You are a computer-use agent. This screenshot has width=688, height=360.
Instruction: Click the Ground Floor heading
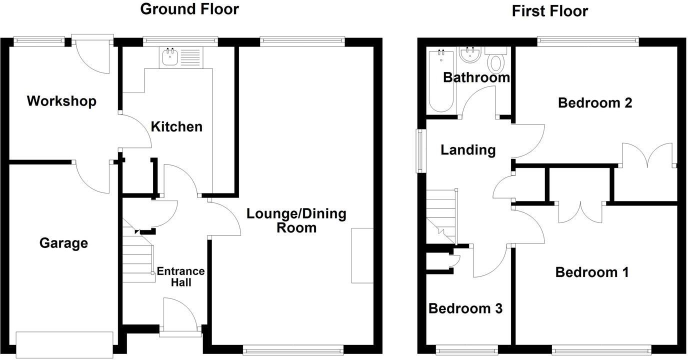coord(189,9)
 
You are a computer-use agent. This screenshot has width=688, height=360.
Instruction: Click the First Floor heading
coord(549,11)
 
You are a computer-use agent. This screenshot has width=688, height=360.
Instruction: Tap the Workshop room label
coord(61,101)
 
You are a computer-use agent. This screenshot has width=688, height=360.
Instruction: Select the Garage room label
coord(63,243)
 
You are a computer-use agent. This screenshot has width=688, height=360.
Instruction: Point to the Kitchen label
coord(176,126)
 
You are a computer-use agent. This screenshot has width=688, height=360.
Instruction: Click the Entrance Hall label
coord(180,276)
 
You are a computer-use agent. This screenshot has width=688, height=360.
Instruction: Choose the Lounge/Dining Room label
coord(296,220)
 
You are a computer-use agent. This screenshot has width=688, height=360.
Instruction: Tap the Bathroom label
coord(476,77)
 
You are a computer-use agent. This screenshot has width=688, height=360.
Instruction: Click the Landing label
coord(467,150)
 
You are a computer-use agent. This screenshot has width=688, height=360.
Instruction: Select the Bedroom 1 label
coord(591,272)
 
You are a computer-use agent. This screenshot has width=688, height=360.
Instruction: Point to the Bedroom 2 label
coord(595,103)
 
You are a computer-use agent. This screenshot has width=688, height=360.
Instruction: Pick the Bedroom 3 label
coord(465,308)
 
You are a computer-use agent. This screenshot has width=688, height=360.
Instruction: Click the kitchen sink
coord(170,57)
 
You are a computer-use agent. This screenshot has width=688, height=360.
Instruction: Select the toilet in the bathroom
coord(495,61)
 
